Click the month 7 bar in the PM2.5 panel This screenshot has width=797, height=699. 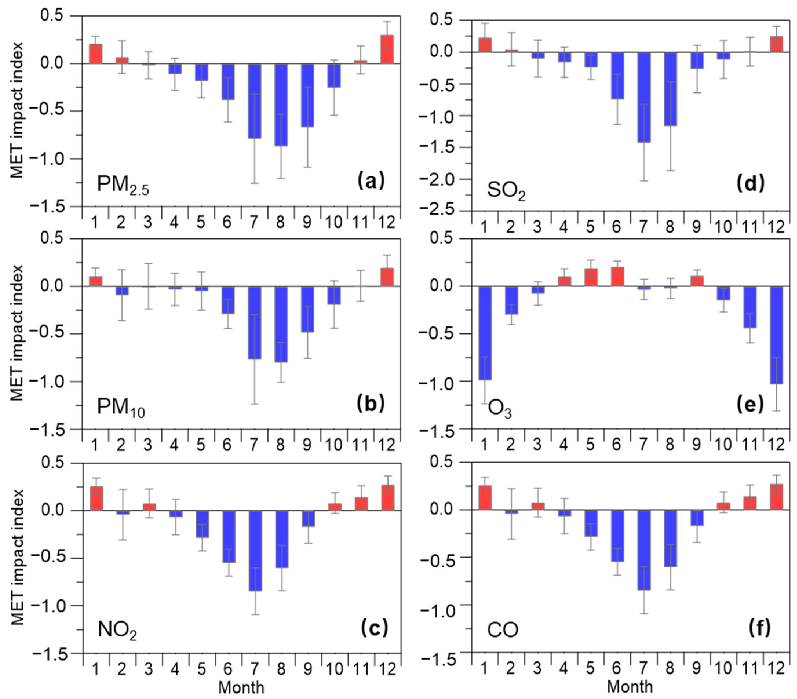(254, 101)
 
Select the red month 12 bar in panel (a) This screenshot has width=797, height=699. (387, 50)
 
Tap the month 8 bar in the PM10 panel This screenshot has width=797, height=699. (281, 324)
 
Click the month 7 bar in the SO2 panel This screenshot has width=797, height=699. (644, 97)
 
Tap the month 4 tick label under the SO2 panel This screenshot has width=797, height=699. (563, 227)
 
